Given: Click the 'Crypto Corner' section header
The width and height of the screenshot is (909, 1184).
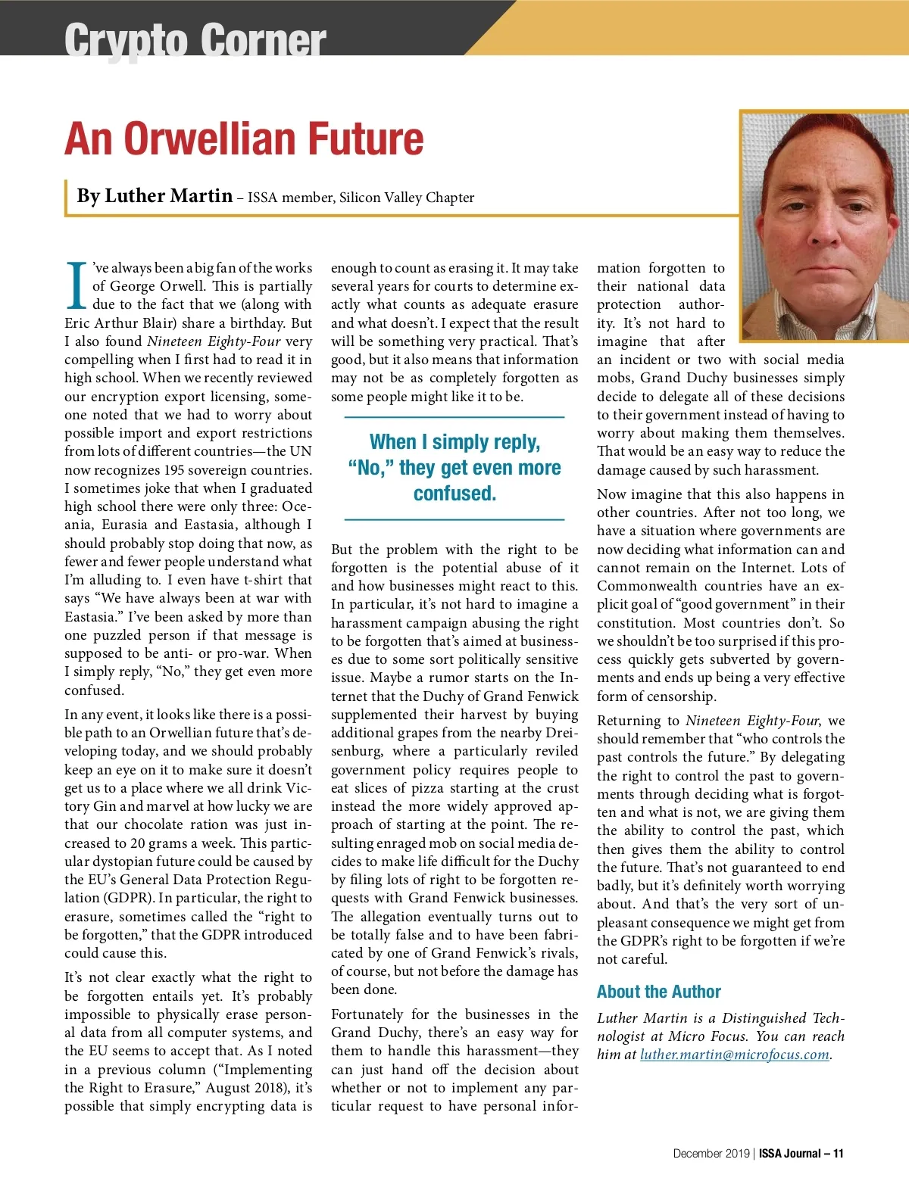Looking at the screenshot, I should [x=195, y=39].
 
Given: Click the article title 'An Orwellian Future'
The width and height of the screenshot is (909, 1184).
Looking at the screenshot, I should [x=244, y=139].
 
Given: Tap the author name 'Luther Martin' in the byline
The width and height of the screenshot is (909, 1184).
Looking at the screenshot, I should [x=168, y=196].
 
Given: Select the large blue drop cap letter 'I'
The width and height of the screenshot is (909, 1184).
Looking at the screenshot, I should [x=77, y=285].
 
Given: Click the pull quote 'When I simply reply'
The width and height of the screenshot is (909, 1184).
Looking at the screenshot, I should [x=454, y=467].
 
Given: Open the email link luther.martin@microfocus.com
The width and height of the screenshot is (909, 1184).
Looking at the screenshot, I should [x=734, y=1055].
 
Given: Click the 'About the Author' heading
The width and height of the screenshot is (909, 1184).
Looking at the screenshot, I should [x=658, y=992].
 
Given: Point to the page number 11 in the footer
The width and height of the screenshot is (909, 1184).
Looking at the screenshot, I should [x=838, y=1154].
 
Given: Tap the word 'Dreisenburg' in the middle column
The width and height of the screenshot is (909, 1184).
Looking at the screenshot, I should [x=561, y=733].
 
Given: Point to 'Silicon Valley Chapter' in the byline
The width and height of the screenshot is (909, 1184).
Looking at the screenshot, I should [x=407, y=198].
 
